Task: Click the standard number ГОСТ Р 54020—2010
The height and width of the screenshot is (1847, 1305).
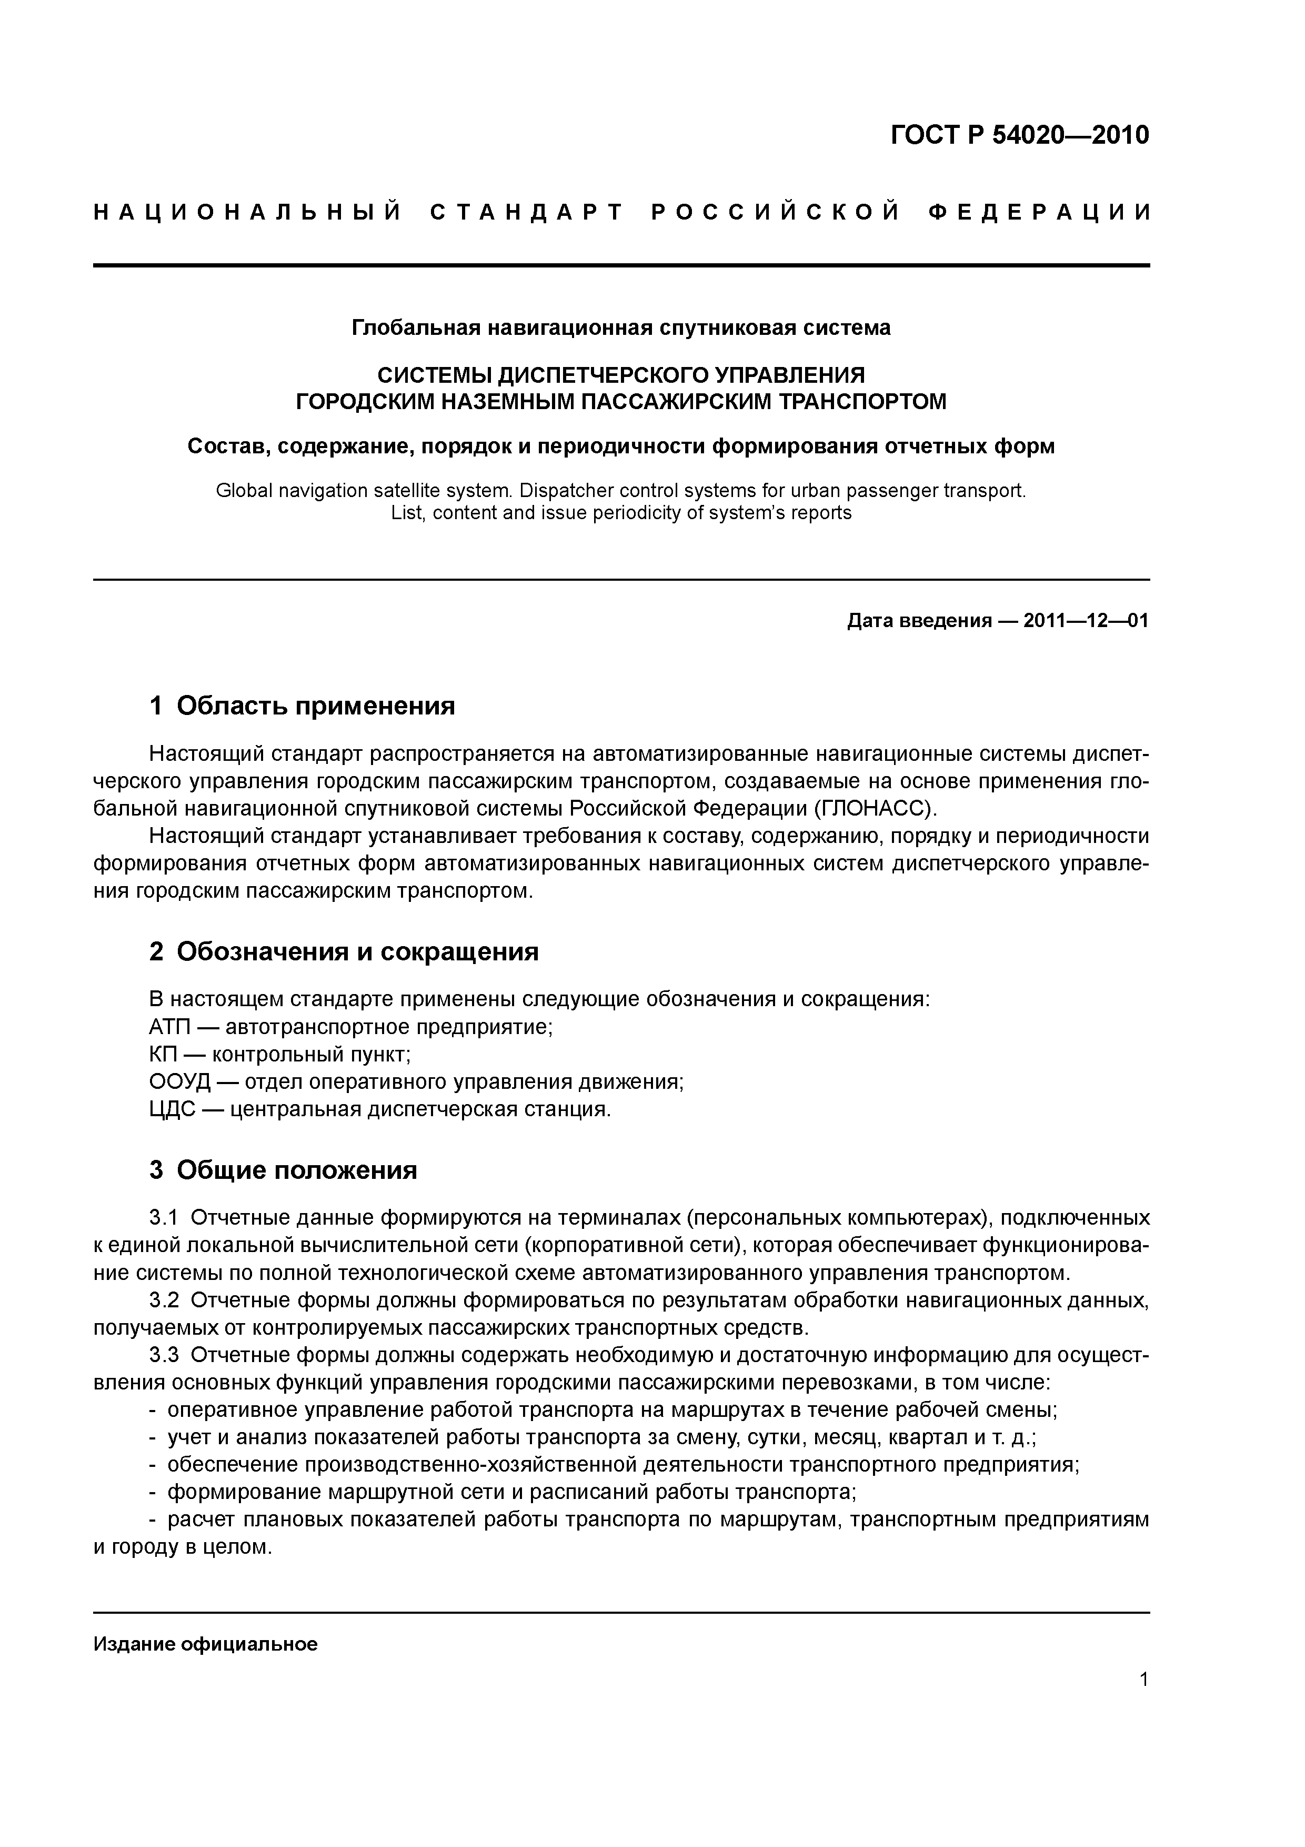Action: (1020, 134)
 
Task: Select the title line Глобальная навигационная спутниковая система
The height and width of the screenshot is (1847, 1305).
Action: (621, 327)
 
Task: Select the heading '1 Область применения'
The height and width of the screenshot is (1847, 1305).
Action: (303, 706)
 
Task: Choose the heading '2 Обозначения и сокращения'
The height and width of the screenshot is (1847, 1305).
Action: (344, 951)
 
